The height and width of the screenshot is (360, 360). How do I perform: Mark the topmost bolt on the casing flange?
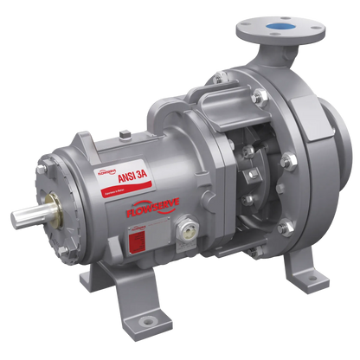[213, 83]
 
